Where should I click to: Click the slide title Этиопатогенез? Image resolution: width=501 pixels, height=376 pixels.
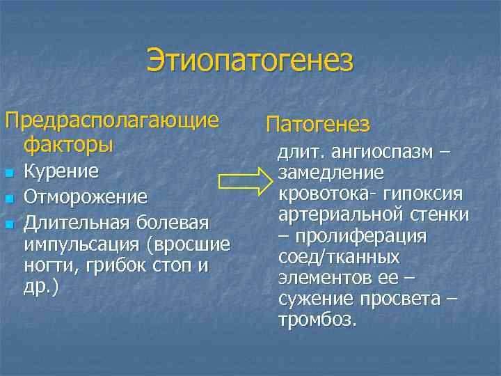point(250,61)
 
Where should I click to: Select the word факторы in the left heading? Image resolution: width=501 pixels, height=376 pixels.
point(67,145)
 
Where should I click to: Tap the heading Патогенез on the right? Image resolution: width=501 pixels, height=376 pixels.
point(318,125)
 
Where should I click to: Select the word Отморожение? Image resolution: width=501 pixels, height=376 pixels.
point(86,197)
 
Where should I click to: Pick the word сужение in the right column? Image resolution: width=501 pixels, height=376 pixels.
point(317,300)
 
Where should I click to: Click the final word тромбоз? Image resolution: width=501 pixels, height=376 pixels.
point(317,321)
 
